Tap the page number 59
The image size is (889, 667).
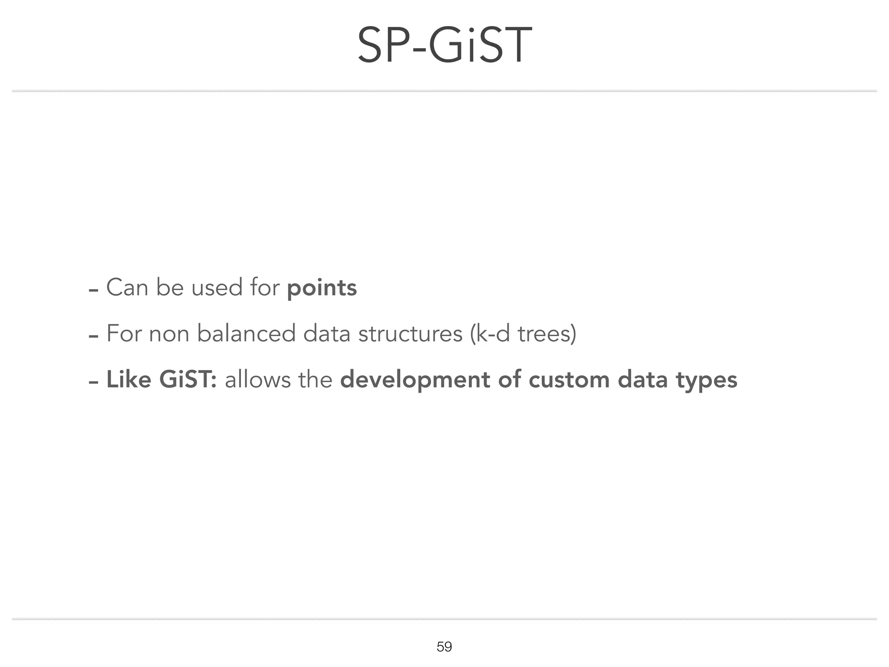pos(444,647)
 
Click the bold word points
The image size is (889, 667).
pos(322,288)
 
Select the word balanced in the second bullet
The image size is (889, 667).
pos(246,333)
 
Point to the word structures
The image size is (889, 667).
pos(410,333)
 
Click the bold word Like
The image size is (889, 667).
pos(129,380)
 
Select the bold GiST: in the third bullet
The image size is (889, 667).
pos(188,380)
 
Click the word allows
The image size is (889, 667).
pos(258,380)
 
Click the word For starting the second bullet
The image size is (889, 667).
pos(124,333)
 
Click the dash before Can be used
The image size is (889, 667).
pos(93,290)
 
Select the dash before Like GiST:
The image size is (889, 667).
pos(93,382)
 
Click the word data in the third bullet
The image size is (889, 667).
pos(643,380)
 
